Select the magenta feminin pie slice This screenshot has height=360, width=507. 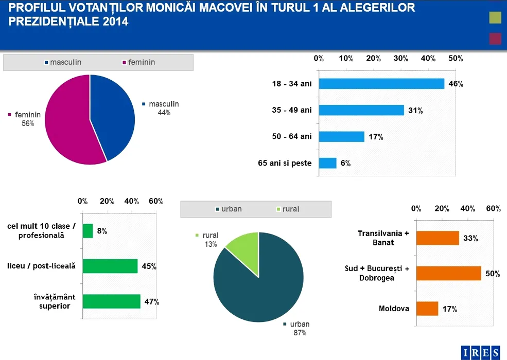pos(67,123)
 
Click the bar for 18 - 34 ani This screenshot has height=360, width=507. pos(381,84)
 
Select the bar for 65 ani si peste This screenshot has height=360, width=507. pos(328,163)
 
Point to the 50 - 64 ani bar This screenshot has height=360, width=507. pos(342,137)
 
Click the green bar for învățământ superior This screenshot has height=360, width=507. pos(111,301)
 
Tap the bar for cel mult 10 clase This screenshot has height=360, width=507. pos(88,231)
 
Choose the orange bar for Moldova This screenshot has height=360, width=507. pos(427,309)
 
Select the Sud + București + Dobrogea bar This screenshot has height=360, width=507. pos(448,273)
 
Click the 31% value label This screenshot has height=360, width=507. pos(415,111)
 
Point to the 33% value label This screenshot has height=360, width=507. pos(470,239)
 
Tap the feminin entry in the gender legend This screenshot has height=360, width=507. pos(138,62)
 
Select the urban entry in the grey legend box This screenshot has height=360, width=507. pos(229,209)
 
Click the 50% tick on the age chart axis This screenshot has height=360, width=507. pos(456,59)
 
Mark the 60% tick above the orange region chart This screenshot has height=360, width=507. pos(493,208)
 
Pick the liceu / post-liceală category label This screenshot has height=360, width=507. pos(41,266)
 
